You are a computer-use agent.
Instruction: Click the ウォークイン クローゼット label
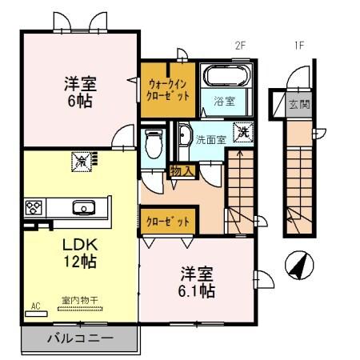(168, 88)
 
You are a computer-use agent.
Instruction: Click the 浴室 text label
(223, 101)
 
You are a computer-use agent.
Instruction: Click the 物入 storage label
(181, 170)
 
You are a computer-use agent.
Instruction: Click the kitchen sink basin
(82, 208)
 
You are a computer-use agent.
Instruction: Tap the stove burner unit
(34, 208)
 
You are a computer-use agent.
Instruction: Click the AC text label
(35, 306)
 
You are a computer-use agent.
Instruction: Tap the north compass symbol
(298, 264)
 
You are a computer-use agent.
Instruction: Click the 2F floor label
(238, 46)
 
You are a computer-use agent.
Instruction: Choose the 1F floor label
(298, 46)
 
